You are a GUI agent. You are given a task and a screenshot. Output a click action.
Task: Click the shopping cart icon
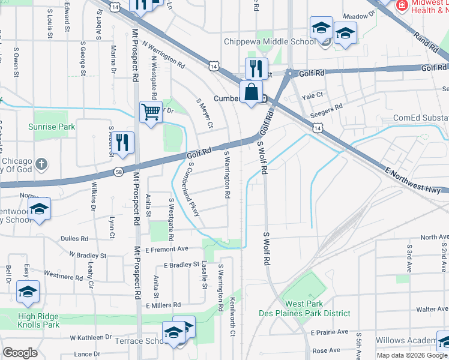pyautogui.click(x=151, y=112)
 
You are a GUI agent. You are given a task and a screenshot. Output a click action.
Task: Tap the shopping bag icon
pyautogui.click(x=252, y=93)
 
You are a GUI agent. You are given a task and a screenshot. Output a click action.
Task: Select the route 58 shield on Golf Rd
pyautogui.click(x=119, y=172)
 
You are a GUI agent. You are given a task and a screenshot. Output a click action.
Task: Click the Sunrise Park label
pyautogui.click(x=52, y=127)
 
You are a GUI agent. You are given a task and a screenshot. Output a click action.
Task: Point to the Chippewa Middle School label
pyautogui.click(x=270, y=42)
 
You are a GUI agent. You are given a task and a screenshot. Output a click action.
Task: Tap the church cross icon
pyautogui.click(x=41, y=164)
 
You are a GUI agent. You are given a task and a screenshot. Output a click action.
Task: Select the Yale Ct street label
pyautogui.click(x=312, y=95)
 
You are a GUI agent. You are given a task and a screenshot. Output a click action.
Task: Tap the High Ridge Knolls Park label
pyautogui.click(x=39, y=320)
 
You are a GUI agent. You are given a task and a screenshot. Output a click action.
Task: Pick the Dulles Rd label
pyautogui.click(x=74, y=238)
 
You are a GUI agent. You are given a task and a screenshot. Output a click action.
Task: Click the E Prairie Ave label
pyautogui.click(x=329, y=332)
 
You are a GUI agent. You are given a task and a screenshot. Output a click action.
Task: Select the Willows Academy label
pyautogui.click(x=406, y=341)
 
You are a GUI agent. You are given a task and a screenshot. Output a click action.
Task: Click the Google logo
pyautogui.click(x=20, y=353)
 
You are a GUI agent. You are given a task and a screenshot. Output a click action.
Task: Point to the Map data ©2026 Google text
pyautogui.click(x=411, y=355)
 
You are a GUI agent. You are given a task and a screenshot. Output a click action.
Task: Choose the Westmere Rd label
pyautogui.click(x=63, y=277)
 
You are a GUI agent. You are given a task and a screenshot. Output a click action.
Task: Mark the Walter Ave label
pyautogui.click(x=433, y=310)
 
